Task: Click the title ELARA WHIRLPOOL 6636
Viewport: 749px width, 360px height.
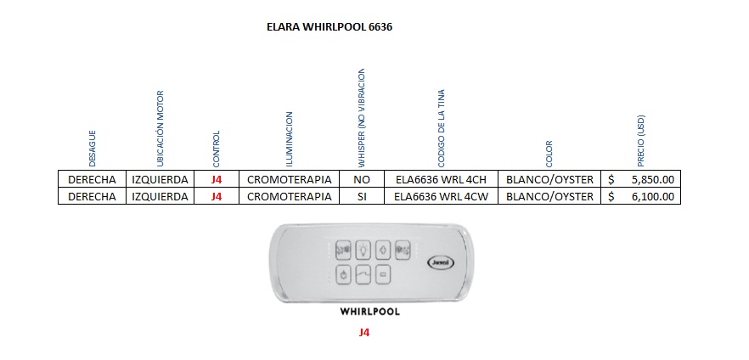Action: point(329,26)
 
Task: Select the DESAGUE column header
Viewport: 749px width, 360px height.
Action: point(93,147)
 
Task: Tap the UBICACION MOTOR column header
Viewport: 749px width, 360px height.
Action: point(160,127)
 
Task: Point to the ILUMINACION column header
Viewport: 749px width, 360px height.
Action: point(289,138)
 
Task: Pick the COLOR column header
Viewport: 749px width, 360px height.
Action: point(549,154)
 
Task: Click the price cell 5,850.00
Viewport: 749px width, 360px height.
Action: point(652,179)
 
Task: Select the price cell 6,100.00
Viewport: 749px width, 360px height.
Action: point(652,196)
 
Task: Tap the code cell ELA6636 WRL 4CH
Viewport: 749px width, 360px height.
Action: point(441,179)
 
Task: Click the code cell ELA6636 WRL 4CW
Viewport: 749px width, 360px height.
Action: point(441,196)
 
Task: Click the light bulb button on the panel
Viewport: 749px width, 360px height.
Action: point(363,249)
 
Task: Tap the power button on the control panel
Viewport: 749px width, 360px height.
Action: point(343,274)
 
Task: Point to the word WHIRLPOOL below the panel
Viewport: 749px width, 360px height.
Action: point(369,312)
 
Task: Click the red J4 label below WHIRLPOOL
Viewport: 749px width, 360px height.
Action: point(364,333)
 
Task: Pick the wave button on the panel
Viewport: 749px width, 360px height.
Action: point(363,274)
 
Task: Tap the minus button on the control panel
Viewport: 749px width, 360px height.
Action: point(384,274)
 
